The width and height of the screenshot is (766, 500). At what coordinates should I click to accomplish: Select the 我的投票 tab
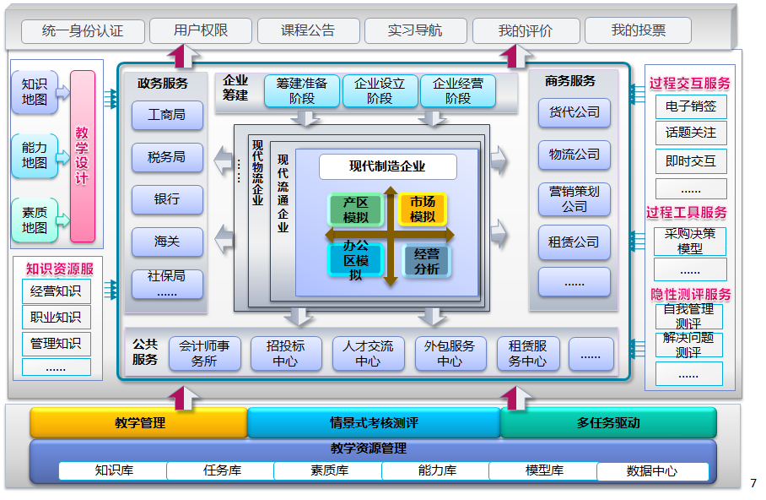[638, 31]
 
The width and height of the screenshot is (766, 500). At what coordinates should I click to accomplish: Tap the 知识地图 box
[35, 92]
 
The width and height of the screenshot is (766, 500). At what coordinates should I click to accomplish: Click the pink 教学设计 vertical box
[83, 156]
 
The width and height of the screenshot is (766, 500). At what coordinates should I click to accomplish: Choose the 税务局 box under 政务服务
[167, 156]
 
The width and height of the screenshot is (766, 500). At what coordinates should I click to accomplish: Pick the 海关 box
[167, 242]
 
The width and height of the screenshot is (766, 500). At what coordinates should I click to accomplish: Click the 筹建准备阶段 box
[301, 91]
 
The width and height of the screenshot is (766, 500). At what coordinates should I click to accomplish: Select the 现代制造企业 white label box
[387, 166]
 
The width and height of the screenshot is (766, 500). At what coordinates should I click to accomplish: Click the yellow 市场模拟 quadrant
[422, 209]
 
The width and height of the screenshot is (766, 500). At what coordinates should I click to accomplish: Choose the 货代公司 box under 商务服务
[574, 112]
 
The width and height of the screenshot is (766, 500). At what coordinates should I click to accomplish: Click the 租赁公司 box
[574, 242]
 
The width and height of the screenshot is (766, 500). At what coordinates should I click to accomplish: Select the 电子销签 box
[690, 106]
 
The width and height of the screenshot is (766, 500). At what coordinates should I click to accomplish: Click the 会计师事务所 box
[204, 353]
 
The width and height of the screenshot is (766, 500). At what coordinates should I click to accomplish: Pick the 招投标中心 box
[285, 353]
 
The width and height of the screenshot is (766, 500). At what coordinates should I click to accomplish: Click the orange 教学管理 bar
[139, 422]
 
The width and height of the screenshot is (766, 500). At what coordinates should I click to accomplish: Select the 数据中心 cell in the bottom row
[651, 471]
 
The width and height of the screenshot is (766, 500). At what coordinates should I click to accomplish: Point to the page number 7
[753, 484]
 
